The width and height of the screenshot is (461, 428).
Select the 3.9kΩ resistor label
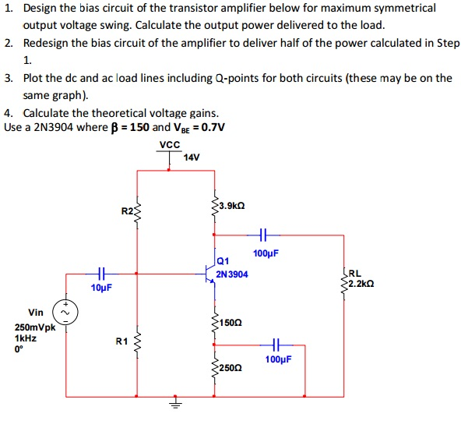[x=234, y=205]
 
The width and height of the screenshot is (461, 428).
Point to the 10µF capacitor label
[x=101, y=288]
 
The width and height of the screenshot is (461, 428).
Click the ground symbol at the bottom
[x=174, y=404]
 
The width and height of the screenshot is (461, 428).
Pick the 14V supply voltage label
[x=192, y=158]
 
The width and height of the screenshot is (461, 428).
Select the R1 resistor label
[x=121, y=341]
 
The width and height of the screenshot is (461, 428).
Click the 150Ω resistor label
[x=231, y=322]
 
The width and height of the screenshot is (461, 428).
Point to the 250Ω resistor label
[x=231, y=367]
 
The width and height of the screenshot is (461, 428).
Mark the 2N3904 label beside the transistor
[x=233, y=274]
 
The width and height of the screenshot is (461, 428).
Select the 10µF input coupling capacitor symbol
[x=100, y=273]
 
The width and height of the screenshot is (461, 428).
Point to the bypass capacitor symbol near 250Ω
[x=275, y=344]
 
